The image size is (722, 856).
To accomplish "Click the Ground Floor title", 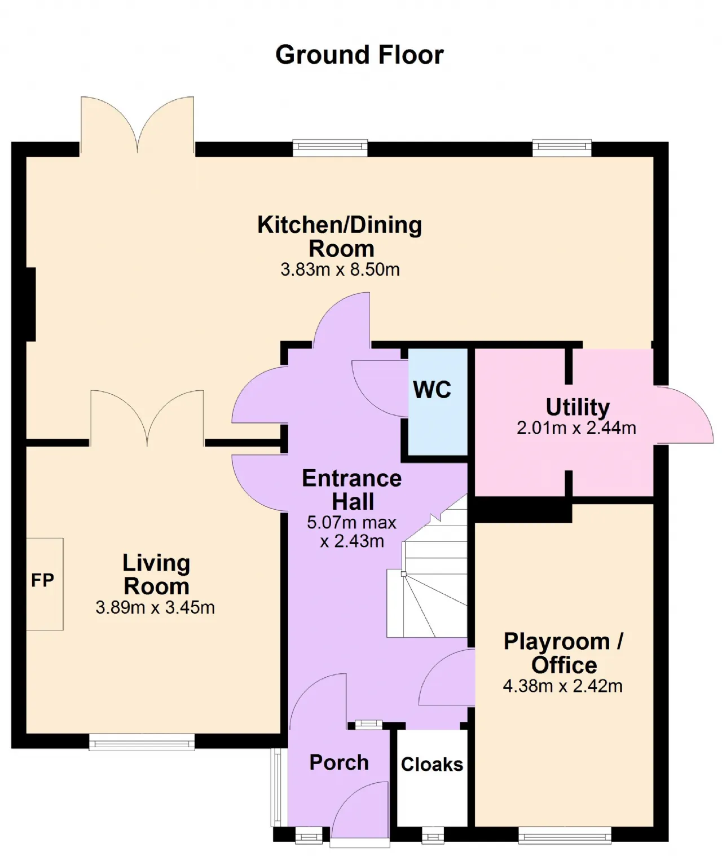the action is pyautogui.click(x=359, y=55).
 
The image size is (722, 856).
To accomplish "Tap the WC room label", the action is pyautogui.click(x=432, y=390).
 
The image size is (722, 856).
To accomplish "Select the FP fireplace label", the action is pyautogui.click(x=42, y=580).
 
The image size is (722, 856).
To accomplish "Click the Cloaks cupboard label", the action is pyautogui.click(x=432, y=764).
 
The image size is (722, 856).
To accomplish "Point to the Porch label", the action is pyautogui.click(x=339, y=762).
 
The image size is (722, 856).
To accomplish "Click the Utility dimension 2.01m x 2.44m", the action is pyautogui.click(x=576, y=428).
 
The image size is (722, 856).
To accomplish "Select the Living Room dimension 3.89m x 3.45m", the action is pyautogui.click(x=155, y=607).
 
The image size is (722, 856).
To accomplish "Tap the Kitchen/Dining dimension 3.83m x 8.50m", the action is pyautogui.click(x=340, y=270).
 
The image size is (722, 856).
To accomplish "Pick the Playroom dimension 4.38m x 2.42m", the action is pyautogui.click(x=563, y=686).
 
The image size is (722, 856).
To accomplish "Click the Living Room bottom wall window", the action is pyautogui.click(x=142, y=742).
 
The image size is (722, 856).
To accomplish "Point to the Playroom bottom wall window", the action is pyautogui.click(x=565, y=835).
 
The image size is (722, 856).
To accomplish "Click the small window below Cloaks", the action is pyautogui.click(x=433, y=835).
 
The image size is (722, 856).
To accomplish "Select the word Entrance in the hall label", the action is pyautogui.click(x=352, y=478).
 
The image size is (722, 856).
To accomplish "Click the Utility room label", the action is pyautogui.click(x=578, y=407).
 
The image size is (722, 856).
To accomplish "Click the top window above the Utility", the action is pyautogui.click(x=562, y=148).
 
